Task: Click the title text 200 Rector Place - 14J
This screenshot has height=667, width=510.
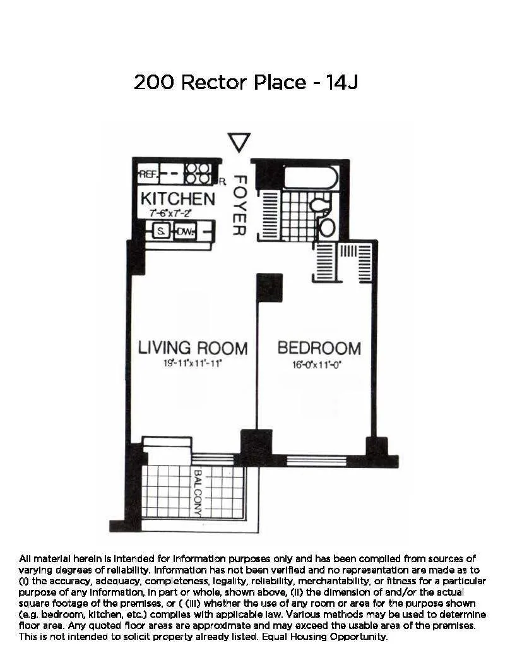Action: [246, 83]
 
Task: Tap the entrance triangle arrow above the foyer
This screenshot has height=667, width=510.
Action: [239, 142]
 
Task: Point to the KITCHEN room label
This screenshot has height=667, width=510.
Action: [177, 198]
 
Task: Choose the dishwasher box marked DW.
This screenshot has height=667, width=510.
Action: [184, 232]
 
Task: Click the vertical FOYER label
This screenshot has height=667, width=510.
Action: [237, 205]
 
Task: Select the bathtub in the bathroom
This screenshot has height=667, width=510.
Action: [311, 177]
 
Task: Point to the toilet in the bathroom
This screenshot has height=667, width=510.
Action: [321, 205]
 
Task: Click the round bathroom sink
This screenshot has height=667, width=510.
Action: [327, 227]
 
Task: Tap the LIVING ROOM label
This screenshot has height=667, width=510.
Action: [193, 348]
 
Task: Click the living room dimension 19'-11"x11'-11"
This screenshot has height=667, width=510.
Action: [192, 364]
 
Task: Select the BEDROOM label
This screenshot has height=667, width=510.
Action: [319, 348]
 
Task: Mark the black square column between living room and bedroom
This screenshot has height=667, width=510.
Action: [269, 287]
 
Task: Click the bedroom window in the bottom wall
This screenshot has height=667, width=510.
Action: [316, 460]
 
